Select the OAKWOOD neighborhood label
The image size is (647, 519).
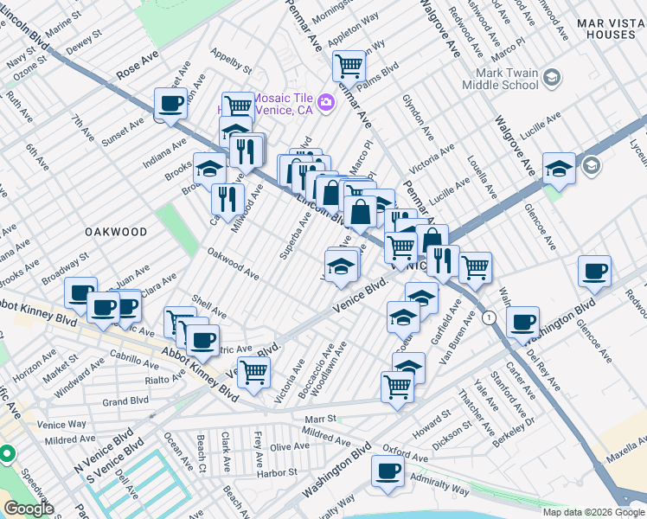click(x=116, y=232)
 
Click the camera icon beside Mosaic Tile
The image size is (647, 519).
click(x=325, y=103)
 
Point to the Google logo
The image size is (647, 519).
click(x=28, y=509)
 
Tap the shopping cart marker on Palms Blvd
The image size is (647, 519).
click(x=349, y=65)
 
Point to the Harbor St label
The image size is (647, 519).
click(x=275, y=473)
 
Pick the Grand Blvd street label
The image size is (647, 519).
click(x=126, y=401)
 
